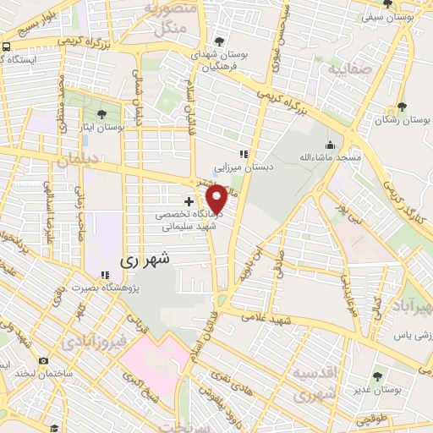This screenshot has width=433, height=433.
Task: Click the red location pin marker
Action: [217, 200]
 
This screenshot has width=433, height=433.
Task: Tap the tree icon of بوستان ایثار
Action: [102, 113]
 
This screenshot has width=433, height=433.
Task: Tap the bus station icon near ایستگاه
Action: [6, 47]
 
